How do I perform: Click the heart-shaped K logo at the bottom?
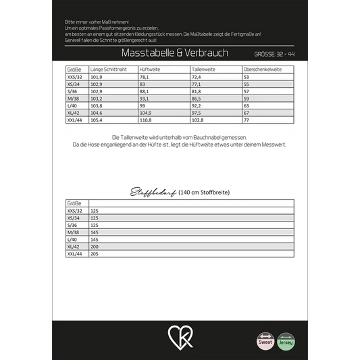(x=180, y=336)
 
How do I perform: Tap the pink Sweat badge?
(x=265, y=340)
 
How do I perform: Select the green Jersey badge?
(x=286, y=340)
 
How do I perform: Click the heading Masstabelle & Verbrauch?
(x=174, y=53)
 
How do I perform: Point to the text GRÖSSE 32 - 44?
(x=275, y=53)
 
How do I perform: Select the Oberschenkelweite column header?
(x=263, y=70)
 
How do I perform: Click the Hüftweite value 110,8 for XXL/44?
(x=146, y=120)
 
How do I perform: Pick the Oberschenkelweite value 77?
(x=247, y=120)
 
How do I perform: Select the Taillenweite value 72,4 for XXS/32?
(x=197, y=77)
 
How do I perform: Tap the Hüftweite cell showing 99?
(x=143, y=105)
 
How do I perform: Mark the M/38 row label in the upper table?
(x=74, y=98)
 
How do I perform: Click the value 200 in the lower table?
(x=94, y=247)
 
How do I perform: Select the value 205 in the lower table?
(x=94, y=254)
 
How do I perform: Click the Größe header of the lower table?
(x=74, y=203)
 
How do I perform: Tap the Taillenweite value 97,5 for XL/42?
(x=197, y=112)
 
